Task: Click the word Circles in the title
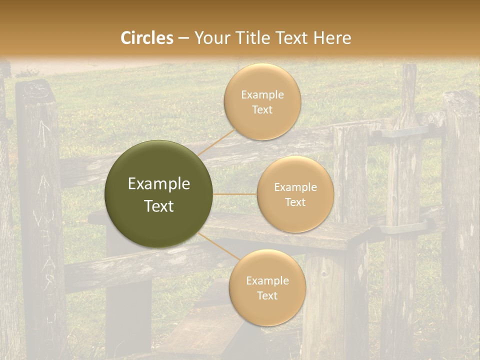coord(147,38)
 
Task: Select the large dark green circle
coord(159,194)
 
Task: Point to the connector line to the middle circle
coord(235,193)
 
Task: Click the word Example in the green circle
coord(159,184)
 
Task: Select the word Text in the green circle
coord(159,206)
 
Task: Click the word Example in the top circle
coord(262,95)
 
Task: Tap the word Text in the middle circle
coord(295,202)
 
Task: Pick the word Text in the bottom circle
coord(267,295)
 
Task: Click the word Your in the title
coord(210,38)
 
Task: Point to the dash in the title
coord(183,38)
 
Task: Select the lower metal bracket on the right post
coord(403,227)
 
